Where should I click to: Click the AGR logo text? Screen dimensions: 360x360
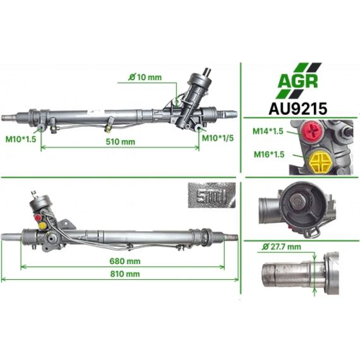point(297,81)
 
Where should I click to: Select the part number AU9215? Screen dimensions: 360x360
point(297,109)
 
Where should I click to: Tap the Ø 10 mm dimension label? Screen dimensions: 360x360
point(145,77)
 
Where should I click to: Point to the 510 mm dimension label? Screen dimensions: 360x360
point(120,141)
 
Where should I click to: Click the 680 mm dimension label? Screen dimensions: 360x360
point(125,261)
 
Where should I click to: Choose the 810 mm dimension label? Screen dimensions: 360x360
point(125,273)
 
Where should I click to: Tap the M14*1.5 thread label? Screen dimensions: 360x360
point(268,131)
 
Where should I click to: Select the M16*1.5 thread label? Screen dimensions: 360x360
point(269,154)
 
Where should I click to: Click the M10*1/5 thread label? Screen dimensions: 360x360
point(218,138)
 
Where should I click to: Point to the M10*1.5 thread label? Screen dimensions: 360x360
point(21,139)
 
